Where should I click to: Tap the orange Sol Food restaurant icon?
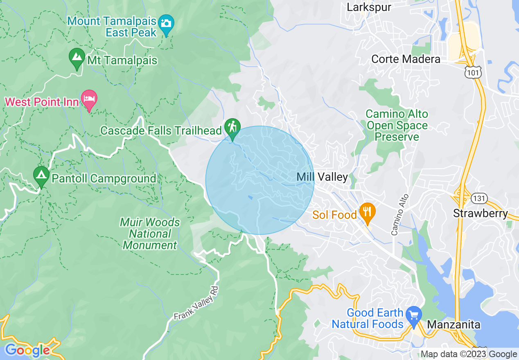pos(367,212)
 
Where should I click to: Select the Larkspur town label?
pos(369,7)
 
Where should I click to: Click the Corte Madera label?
pos(406,59)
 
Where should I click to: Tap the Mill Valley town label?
pos(322,177)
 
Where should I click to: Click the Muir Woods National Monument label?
pos(150,234)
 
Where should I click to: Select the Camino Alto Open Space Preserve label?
pos(397,125)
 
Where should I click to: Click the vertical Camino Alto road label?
pos(399,214)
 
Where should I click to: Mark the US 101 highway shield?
pos(473,72)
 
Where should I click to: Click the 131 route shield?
pos(478,198)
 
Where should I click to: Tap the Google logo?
pos(27,350)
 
